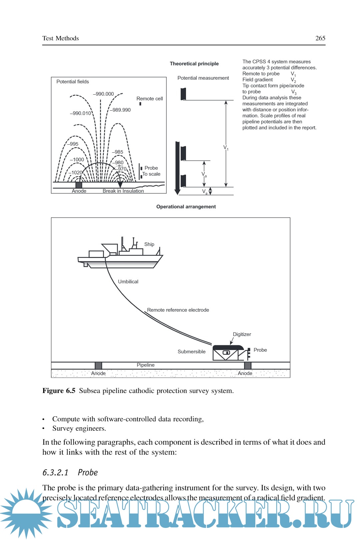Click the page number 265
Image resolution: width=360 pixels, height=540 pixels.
coord(320,38)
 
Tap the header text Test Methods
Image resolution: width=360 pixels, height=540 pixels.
coord(61,38)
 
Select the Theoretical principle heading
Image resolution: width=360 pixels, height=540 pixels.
coord(194,64)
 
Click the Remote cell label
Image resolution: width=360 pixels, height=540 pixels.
coord(150,99)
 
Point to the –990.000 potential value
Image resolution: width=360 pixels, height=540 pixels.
coord(103,94)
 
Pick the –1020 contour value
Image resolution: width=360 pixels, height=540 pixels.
coord(76,173)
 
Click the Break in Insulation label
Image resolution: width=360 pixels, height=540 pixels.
coord(123,191)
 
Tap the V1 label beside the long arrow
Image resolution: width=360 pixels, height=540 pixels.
coord(226,147)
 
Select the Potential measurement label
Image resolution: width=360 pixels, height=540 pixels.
coord(203,78)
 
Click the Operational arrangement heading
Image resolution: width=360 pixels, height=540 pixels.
coord(186,207)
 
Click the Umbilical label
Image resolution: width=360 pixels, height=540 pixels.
coord(128,282)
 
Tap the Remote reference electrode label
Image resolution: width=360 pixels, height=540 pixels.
coord(178,310)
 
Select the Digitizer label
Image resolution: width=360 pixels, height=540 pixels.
coord(242,334)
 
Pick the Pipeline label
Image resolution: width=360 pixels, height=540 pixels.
coord(146,365)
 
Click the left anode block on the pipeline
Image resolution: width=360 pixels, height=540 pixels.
coord(98,365)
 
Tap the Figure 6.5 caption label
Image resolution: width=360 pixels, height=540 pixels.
coord(59,391)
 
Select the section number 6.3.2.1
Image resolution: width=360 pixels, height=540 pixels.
coord(55,473)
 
